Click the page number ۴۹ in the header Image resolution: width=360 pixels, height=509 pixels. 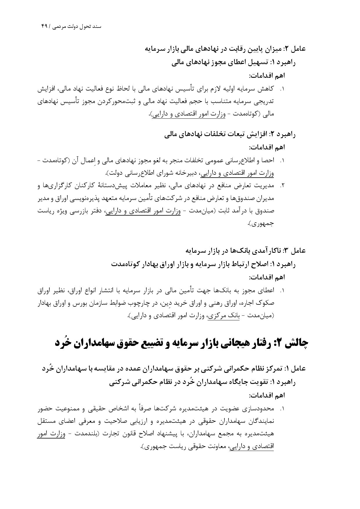click(x=44, y=26)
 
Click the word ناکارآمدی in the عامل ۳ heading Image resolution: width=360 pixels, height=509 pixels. click(x=267, y=250)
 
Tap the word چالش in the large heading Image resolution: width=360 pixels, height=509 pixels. click(x=295, y=343)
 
